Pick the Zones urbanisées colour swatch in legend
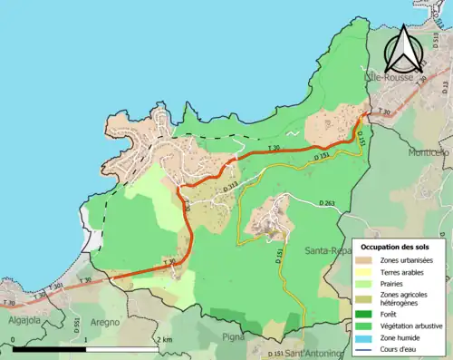pyautogui.click(x=366, y=260)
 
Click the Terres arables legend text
pyautogui.click(x=405, y=272)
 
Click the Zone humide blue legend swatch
pyautogui.click(x=366, y=339)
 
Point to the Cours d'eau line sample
pyautogui.click(x=366, y=351)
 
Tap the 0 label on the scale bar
pyautogui.click(x=13, y=339)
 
